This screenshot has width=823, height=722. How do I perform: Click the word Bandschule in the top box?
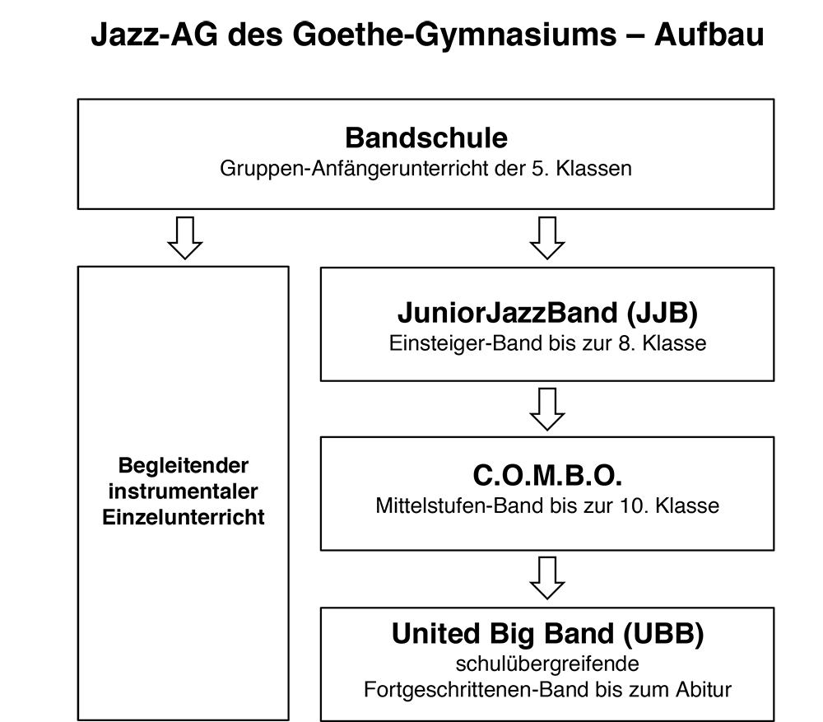426,137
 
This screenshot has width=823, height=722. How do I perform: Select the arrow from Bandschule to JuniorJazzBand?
547,238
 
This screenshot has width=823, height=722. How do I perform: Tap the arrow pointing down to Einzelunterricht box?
184,238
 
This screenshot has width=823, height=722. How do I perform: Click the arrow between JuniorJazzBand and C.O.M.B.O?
547,409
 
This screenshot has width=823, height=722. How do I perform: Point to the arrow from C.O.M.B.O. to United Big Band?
547,578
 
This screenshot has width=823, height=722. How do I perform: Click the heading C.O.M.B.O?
547,475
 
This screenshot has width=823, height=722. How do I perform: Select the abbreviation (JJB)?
662,313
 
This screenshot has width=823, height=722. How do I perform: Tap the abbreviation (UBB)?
663,634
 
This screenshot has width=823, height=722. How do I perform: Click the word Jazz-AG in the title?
155,35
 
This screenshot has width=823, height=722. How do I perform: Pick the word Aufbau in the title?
709,35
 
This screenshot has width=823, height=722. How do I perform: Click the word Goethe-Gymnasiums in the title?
454,35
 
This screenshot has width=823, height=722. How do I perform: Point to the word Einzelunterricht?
184,517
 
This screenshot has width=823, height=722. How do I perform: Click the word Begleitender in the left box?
184,466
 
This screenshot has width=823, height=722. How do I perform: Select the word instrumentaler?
184,491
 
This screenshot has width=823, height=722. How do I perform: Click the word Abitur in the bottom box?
704,689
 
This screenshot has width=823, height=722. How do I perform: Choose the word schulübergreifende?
547,664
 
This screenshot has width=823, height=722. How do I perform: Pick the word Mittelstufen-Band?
460,505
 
